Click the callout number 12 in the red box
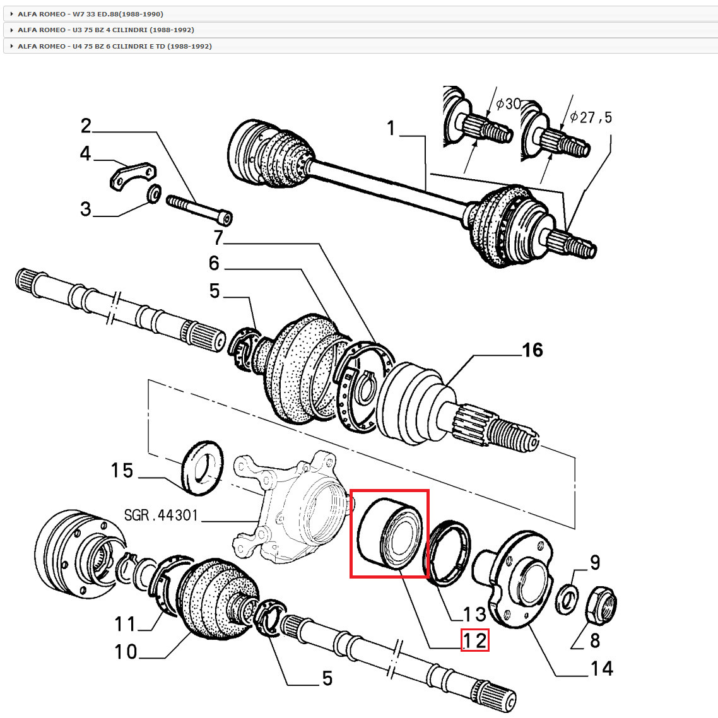[x=474, y=640]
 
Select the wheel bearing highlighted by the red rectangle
[x=389, y=533]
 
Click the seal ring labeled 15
[x=202, y=468]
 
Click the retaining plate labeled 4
[x=133, y=176]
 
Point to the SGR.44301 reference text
[x=161, y=515]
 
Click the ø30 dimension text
[x=509, y=103]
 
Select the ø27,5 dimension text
[x=591, y=117]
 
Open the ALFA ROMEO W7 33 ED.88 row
[x=90, y=14]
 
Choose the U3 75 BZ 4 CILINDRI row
[x=105, y=30]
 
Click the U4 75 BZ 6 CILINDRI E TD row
[x=114, y=46]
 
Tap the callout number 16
[x=532, y=350]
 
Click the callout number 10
[x=126, y=651]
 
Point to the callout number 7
[x=218, y=238]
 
